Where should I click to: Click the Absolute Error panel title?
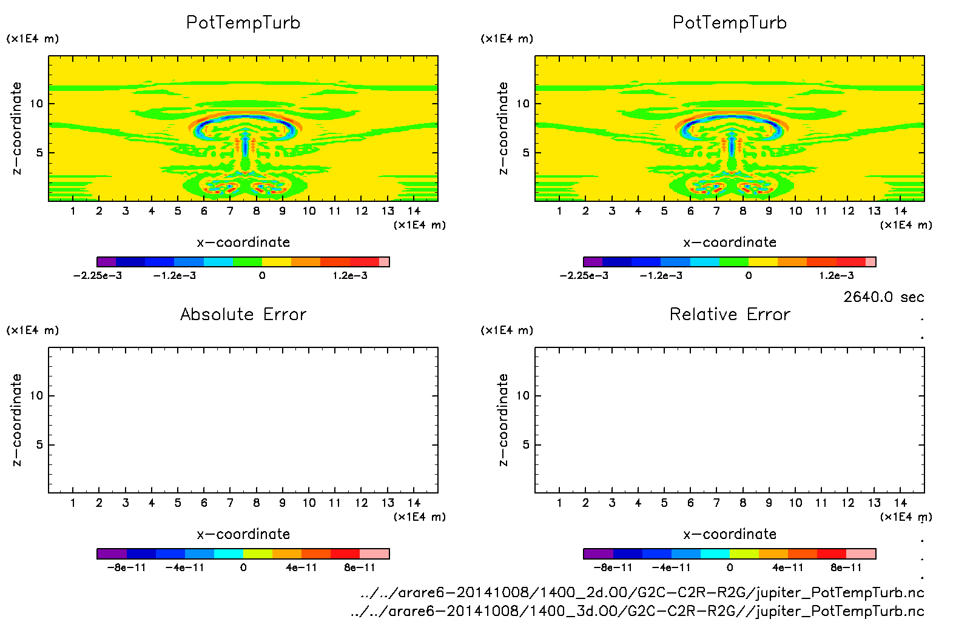click(x=243, y=314)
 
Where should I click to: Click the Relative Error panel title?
click(x=730, y=314)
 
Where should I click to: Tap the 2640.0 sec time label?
click(x=883, y=297)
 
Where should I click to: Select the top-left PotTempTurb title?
click(x=243, y=22)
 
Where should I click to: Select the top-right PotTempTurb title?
click(x=730, y=22)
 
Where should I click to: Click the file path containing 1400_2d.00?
click(x=642, y=592)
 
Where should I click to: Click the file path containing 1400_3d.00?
click(x=637, y=611)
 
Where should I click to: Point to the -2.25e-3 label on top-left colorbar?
click(x=98, y=276)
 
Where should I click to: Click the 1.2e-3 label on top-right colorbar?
click(x=837, y=276)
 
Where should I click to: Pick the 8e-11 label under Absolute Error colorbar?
click(x=360, y=568)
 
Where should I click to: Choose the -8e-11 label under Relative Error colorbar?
click(x=613, y=568)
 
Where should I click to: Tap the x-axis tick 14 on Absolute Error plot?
click(x=414, y=503)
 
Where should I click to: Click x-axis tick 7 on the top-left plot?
click(x=230, y=211)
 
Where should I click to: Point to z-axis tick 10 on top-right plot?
click(x=523, y=104)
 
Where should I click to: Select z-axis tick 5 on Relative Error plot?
click(x=526, y=445)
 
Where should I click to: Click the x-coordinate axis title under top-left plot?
click(x=243, y=243)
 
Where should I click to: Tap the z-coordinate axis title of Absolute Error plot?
click(x=16, y=420)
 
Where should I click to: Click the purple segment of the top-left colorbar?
click(x=107, y=262)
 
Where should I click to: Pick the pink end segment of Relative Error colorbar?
click(x=861, y=554)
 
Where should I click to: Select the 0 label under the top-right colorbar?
click(x=749, y=276)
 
